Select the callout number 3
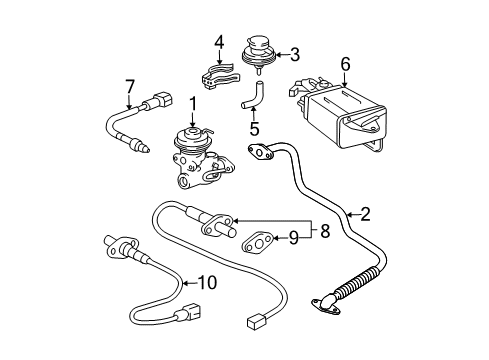tap(294, 55)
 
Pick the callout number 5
tap(254, 128)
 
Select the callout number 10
tap(206, 282)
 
